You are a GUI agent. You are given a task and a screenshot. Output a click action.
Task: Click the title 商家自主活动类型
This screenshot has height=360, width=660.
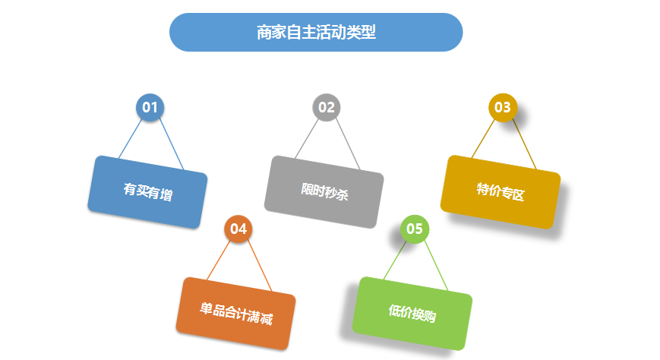[x=316, y=33]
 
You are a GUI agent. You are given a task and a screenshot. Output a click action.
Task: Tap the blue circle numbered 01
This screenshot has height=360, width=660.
[x=150, y=107]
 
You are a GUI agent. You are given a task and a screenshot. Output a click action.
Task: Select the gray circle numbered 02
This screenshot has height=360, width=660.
[x=327, y=107]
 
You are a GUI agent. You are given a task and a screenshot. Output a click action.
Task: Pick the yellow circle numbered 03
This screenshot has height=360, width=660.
[x=503, y=107]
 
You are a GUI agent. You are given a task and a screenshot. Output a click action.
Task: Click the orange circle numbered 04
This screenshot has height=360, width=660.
[x=238, y=229]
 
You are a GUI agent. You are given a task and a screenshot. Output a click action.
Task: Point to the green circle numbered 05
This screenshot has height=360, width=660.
[x=415, y=229]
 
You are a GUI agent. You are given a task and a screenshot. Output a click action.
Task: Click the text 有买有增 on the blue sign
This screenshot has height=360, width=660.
[x=148, y=192]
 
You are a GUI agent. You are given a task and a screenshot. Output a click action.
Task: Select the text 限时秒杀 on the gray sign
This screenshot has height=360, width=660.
[x=324, y=192]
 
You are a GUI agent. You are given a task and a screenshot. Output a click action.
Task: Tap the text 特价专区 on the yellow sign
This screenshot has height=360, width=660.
[x=501, y=192]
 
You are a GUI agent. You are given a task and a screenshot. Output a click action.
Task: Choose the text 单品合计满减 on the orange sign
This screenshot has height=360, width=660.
[x=236, y=314]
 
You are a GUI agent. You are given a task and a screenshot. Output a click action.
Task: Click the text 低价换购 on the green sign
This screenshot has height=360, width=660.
[x=412, y=314]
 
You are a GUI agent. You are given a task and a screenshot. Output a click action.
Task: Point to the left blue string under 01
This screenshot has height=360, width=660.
[x=130, y=139]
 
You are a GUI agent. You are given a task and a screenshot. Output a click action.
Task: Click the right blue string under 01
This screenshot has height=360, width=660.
[x=172, y=144]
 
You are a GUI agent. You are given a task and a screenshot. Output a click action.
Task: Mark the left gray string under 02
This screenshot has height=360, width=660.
[x=306, y=139]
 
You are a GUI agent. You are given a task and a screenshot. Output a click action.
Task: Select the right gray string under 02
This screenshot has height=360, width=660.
[x=348, y=144]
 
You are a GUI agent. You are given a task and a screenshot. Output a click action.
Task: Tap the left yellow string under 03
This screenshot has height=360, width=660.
[x=483, y=139]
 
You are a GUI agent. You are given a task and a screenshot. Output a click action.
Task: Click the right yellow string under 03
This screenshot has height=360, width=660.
[x=524, y=144]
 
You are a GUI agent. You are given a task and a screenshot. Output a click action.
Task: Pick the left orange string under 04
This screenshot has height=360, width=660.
[x=219, y=261]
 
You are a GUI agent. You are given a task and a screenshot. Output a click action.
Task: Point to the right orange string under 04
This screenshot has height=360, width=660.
[x=260, y=266]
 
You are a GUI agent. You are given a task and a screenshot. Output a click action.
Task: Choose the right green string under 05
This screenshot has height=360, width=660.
[x=436, y=266]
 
